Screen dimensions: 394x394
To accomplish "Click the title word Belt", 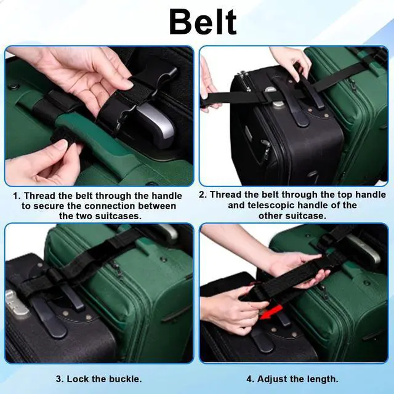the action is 203,22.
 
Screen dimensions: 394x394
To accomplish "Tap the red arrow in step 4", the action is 270,313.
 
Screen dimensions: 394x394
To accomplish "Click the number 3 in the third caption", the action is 59,379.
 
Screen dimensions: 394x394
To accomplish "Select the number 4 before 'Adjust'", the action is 251,379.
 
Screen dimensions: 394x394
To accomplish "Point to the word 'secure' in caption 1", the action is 48,206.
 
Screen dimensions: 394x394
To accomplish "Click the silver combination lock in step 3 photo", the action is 15,303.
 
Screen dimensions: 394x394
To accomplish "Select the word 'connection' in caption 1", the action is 110,206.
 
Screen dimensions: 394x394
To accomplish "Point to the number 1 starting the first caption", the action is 15,196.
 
